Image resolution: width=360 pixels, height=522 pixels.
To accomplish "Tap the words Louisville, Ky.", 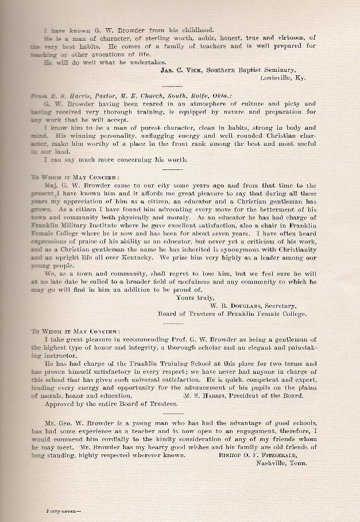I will (286, 77).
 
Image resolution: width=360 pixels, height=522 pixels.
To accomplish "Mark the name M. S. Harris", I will (206, 396).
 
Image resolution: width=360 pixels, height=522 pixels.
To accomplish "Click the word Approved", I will (58, 404).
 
